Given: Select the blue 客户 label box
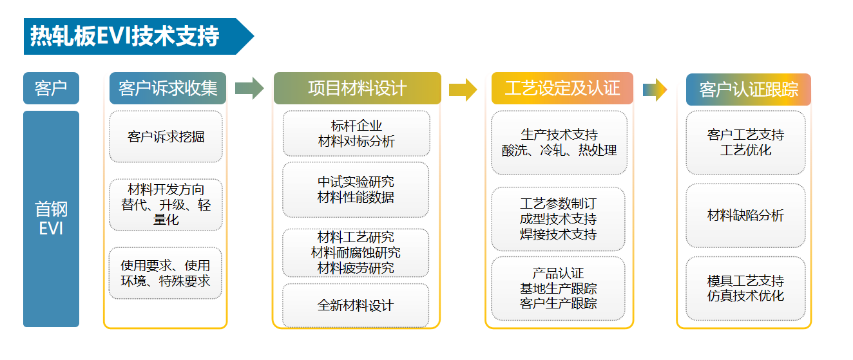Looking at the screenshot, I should (51, 88).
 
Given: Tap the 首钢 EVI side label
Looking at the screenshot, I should (51, 219).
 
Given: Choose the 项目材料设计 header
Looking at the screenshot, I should (357, 88).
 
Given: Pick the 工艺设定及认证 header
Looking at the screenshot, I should (562, 88).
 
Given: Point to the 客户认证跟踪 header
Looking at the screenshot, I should (748, 89).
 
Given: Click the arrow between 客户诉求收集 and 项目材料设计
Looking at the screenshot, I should (249, 88).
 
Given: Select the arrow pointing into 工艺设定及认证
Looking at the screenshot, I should (463, 89).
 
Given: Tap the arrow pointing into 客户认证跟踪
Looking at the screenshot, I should (655, 89).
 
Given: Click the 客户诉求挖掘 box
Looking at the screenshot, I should (166, 137).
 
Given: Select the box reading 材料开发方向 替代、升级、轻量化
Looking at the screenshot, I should (166, 205).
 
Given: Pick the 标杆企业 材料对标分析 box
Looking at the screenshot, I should (356, 133).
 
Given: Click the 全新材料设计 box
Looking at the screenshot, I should (356, 305).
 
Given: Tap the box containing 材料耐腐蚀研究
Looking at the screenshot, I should (356, 252).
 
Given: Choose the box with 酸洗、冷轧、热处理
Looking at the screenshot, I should (559, 142).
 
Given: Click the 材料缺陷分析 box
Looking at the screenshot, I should (745, 216).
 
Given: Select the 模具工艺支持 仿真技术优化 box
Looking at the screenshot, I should (745, 289).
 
